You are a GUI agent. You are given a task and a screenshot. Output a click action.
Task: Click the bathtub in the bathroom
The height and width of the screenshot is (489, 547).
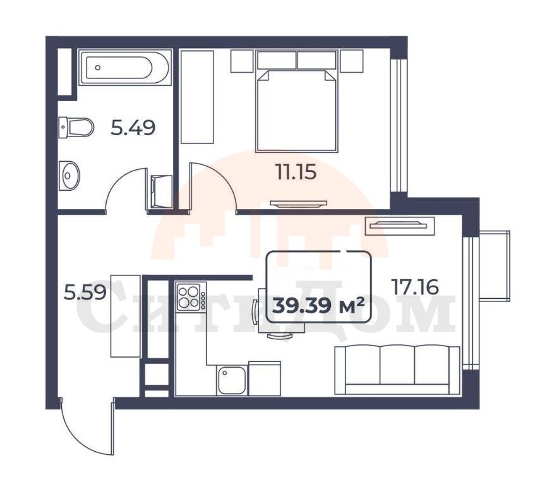[x=126, y=68]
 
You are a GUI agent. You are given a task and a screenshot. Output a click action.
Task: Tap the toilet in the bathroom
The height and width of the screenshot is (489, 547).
[x=76, y=128]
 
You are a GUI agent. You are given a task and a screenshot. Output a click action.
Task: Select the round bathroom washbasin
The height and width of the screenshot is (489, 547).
[x=69, y=176]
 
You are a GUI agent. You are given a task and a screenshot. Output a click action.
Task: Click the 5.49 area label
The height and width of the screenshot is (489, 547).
[x=133, y=128]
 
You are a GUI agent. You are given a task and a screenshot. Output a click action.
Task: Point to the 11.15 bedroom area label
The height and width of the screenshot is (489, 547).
[x=296, y=172]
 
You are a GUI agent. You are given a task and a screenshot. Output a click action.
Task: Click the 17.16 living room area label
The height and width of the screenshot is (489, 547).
[x=415, y=287]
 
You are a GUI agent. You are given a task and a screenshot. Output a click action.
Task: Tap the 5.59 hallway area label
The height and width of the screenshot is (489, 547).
[x=85, y=293]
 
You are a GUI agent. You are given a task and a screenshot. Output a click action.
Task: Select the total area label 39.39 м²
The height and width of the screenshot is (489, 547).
[x=318, y=306]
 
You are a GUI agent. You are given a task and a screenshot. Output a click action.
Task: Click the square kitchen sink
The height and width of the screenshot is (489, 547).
[x=231, y=380]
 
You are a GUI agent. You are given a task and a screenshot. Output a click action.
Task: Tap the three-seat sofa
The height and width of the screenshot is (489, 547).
[x=397, y=370]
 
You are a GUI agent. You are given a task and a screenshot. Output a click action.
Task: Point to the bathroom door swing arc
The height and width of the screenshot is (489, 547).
[x=126, y=187]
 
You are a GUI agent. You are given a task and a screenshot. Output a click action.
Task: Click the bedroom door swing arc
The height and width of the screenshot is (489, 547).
[x=214, y=185]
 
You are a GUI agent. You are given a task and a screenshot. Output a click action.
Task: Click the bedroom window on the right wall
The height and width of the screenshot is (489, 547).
[x=399, y=126]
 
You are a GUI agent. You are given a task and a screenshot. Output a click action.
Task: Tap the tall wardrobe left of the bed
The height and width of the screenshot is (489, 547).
[x=198, y=97]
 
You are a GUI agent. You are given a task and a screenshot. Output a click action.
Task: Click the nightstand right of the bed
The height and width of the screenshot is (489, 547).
[x=352, y=61]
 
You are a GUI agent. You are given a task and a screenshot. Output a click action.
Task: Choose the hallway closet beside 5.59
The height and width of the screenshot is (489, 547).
[x=126, y=316]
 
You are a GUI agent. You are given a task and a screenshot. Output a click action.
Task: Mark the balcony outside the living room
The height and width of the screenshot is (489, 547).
[x=495, y=265]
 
